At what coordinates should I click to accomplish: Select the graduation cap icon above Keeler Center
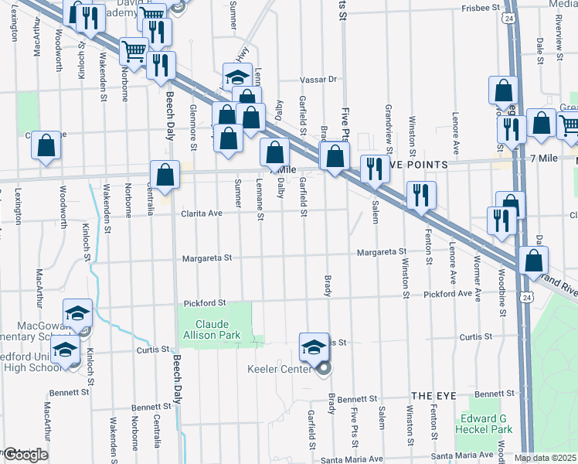tap(313, 346)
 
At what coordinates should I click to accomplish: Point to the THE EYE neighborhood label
tap(430, 395)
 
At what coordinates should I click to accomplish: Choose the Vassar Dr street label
tap(319, 79)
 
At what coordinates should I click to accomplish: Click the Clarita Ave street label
tap(202, 213)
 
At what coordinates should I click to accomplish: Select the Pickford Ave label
tap(449, 294)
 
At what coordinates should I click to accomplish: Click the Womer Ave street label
tap(478, 278)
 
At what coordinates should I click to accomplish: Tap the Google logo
tap(25, 455)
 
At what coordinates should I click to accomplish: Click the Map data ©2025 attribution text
tap(546, 458)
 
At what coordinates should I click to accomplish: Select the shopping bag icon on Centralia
tap(165, 176)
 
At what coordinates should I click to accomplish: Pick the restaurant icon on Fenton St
tap(421, 195)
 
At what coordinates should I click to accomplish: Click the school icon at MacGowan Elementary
tap(77, 313)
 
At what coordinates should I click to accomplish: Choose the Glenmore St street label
tap(193, 124)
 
